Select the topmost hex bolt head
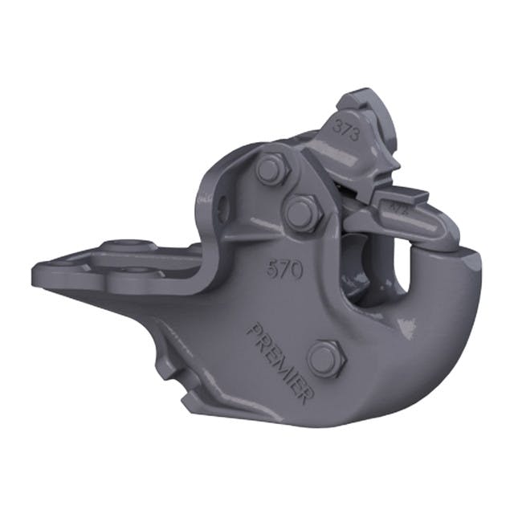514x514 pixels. pos(268,170)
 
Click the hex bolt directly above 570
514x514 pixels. pos(301,213)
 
